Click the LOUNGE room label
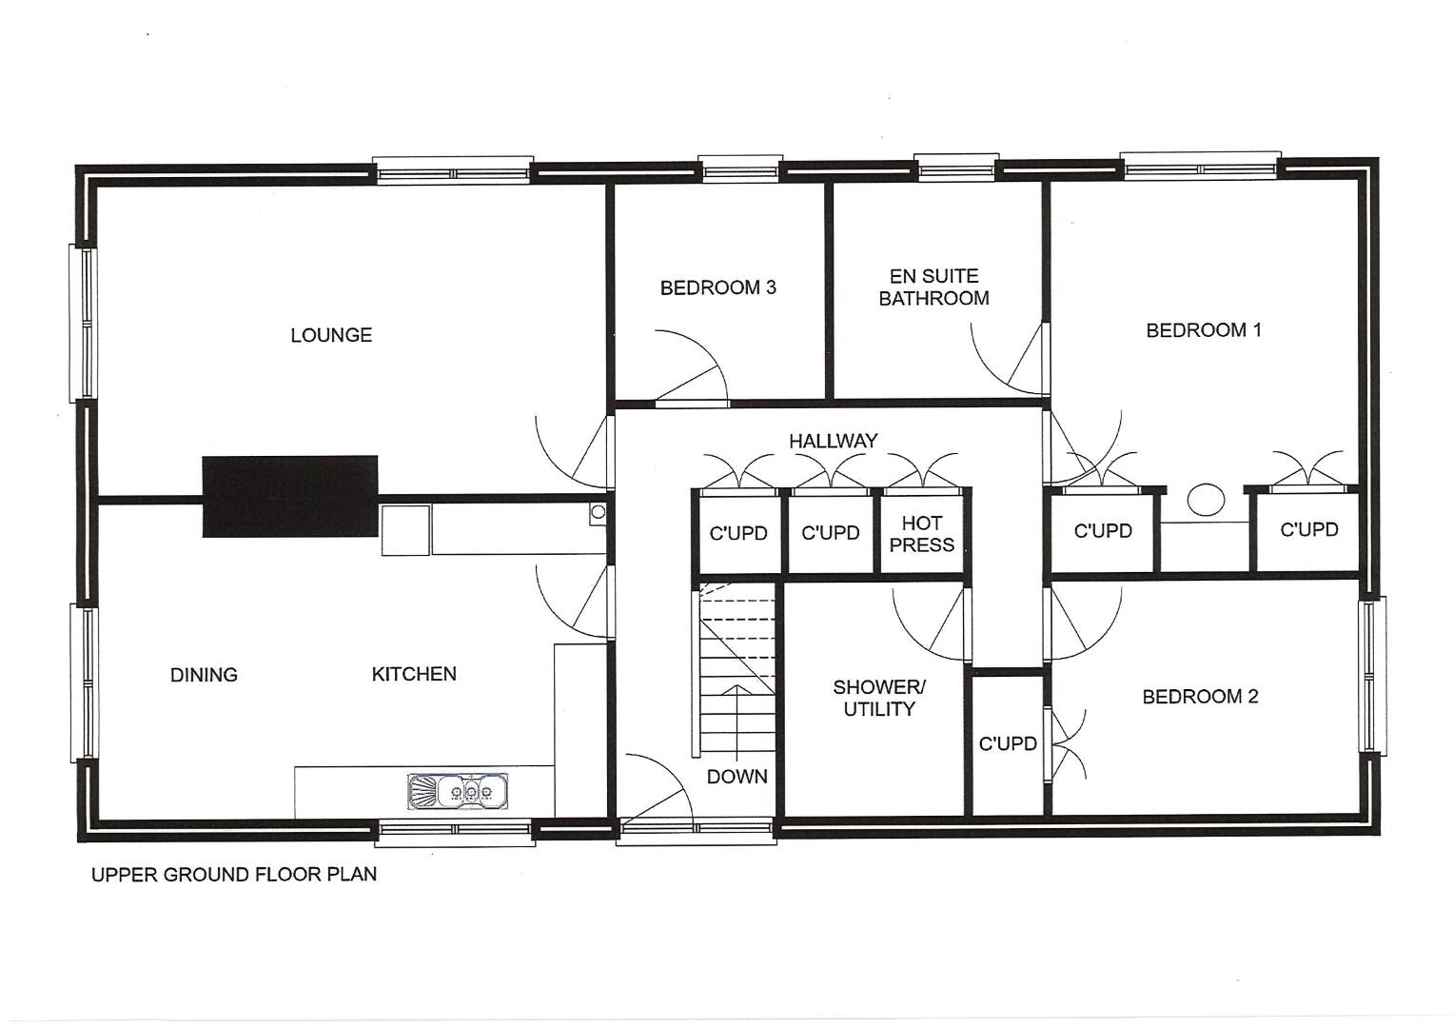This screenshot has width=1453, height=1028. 331,335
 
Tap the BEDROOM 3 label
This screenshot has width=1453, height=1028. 718,287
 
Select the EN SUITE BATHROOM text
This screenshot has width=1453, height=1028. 934,287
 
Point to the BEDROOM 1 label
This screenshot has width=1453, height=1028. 1204,330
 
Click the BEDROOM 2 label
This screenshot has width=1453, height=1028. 1200,697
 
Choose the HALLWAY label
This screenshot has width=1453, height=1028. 834,442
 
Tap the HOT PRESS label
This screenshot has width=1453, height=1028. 922,533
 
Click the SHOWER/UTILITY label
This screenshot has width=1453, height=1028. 879,698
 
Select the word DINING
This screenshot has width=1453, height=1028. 204,675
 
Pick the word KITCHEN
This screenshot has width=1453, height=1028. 414,674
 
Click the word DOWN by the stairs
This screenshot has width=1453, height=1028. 736,776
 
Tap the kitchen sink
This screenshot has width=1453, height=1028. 458,791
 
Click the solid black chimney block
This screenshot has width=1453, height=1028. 290,497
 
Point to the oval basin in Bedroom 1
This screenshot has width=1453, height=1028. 1206,501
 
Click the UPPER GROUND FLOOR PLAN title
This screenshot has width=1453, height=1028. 234,874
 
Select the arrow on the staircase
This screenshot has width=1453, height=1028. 737,722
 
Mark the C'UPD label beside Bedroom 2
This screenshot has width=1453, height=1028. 1008,743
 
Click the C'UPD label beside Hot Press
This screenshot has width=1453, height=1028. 831,533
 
